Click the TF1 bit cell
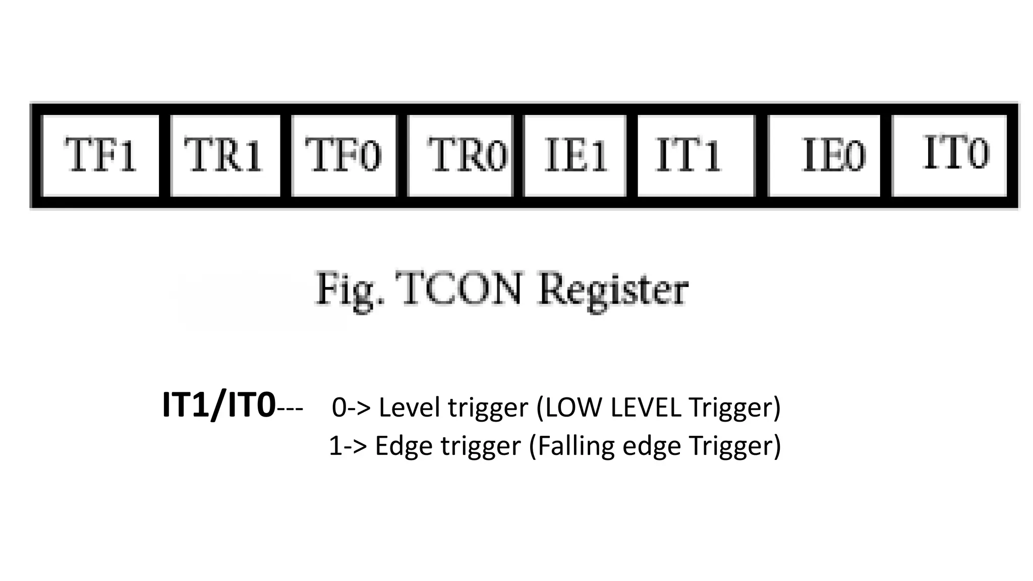(100, 155)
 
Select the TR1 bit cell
(225, 155)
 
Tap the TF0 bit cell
(344, 155)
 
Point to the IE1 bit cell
(575, 155)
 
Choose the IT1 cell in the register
(695, 155)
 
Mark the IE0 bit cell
(824, 155)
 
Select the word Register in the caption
(613, 290)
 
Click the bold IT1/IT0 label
(219, 406)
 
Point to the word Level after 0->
(410, 408)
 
